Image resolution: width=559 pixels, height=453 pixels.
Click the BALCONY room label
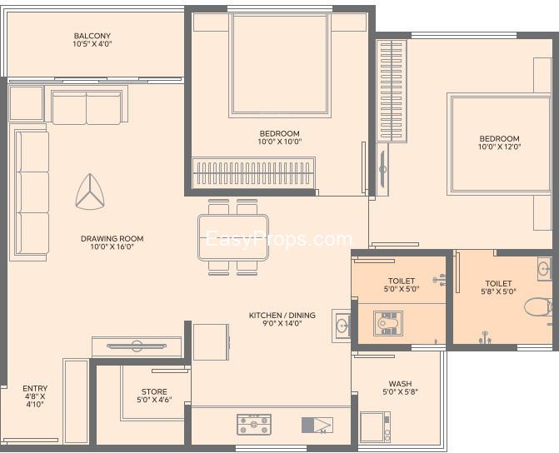tap(92, 36)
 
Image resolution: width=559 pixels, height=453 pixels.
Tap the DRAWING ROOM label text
tap(112, 238)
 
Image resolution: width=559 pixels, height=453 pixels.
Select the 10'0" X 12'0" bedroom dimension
tap(500, 147)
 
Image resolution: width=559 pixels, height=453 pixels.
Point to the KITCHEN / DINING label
tap(282, 315)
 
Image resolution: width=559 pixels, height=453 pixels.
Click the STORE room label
tap(154, 391)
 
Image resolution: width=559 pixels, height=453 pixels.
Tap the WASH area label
tap(400, 384)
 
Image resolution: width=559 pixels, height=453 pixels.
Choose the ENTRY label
tap(35, 388)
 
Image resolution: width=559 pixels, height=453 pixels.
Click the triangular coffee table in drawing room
tap(90, 192)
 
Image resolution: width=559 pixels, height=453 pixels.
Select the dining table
tap(233, 237)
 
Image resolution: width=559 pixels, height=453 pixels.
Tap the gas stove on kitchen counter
tap(254, 425)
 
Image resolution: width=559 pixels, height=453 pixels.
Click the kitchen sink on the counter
tap(317, 426)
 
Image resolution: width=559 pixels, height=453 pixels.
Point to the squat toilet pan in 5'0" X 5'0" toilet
tap(388, 323)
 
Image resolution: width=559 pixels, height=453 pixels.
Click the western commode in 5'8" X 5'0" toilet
tap(538, 307)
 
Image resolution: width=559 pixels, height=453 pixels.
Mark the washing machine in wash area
tap(375, 427)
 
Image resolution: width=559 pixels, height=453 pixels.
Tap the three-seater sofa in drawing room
tap(32, 192)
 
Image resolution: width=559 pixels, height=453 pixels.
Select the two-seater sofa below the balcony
tap(87, 107)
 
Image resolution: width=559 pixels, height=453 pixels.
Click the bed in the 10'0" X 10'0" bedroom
tap(280, 66)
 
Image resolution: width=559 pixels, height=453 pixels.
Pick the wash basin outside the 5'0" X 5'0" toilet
tap(342, 326)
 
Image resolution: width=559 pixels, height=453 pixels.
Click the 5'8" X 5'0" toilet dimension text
tap(498, 291)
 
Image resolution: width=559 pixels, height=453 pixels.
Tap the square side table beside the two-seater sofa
tap(26, 103)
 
